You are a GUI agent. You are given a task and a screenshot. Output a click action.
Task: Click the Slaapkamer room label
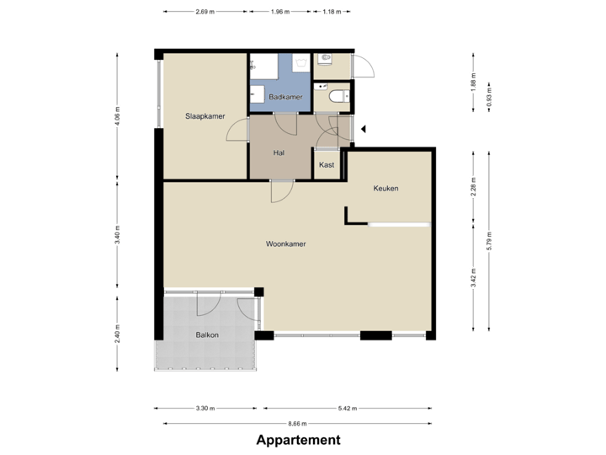coord(205,115)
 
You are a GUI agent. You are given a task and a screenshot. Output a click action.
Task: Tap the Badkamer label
coord(285,98)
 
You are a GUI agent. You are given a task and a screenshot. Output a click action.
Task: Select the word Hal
coord(279,153)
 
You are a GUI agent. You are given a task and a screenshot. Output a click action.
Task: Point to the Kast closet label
coord(327,165)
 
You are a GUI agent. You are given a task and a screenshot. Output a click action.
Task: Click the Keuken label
coord(385,189)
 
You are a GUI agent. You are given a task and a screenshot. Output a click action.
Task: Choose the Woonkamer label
coord(285,244)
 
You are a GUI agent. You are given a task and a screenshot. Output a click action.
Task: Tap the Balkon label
coord(207,335)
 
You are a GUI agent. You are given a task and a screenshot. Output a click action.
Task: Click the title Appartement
coord(299,440)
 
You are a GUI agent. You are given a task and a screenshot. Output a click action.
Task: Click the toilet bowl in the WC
coord(338,97)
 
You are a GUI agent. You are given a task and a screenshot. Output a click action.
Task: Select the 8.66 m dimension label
coord(297,423)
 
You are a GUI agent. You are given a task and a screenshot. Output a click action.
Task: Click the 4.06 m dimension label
coord(118,116)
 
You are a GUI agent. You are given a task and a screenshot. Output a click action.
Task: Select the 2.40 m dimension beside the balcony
coord(118,335)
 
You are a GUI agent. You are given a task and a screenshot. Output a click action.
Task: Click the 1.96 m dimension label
coord(279,13)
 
